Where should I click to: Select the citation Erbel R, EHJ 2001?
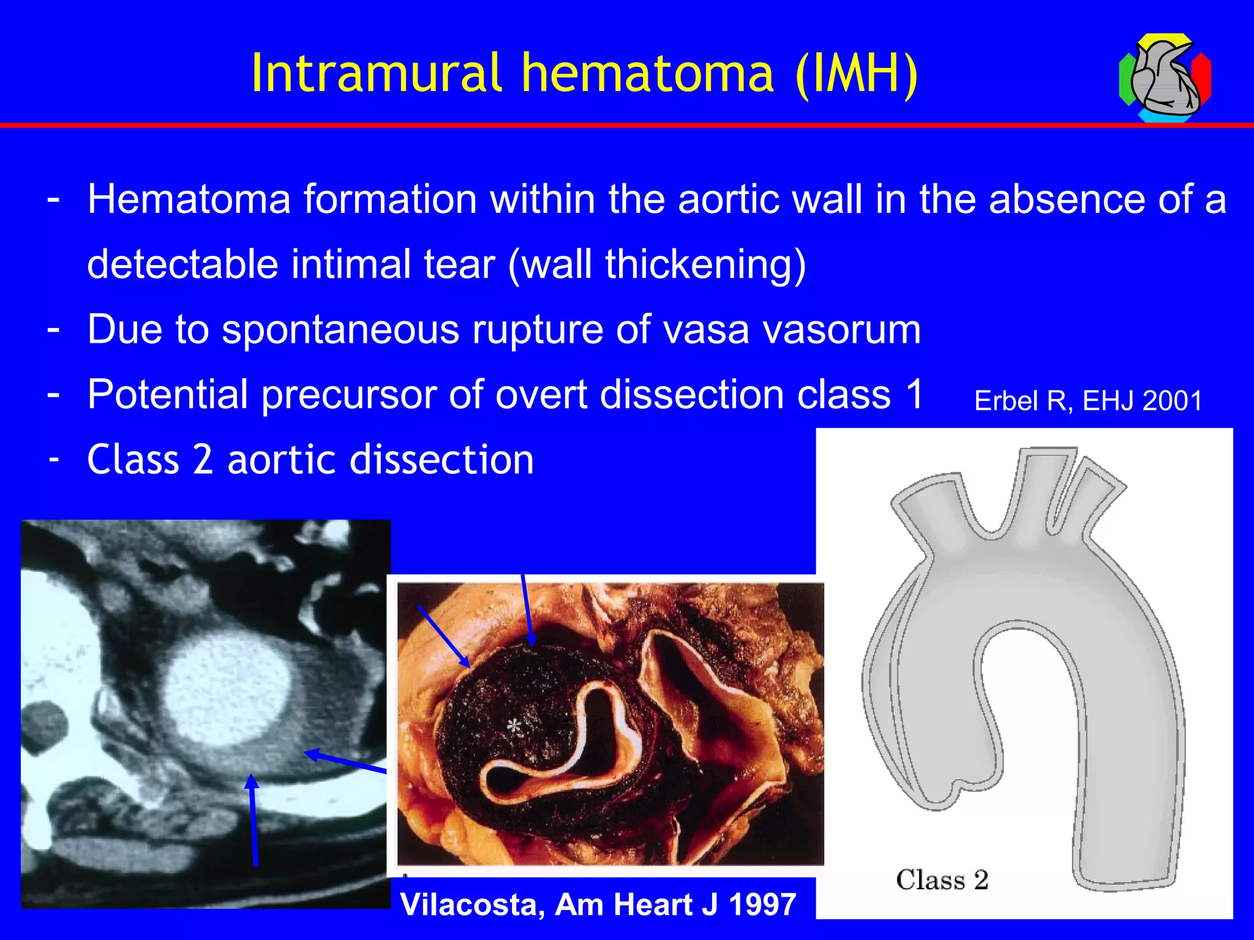click(1088, 401)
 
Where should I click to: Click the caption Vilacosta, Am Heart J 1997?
click(598, 904)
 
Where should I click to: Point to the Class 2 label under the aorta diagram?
click(942, 880)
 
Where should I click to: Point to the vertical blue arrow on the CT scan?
click(253, 820)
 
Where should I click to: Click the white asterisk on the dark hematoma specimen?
click(514, 726)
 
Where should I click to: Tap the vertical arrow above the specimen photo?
click(527, 609)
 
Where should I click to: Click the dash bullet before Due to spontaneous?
click(54, 328)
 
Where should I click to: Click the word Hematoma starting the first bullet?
click(189, 200)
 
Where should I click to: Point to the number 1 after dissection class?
click(914, 394)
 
